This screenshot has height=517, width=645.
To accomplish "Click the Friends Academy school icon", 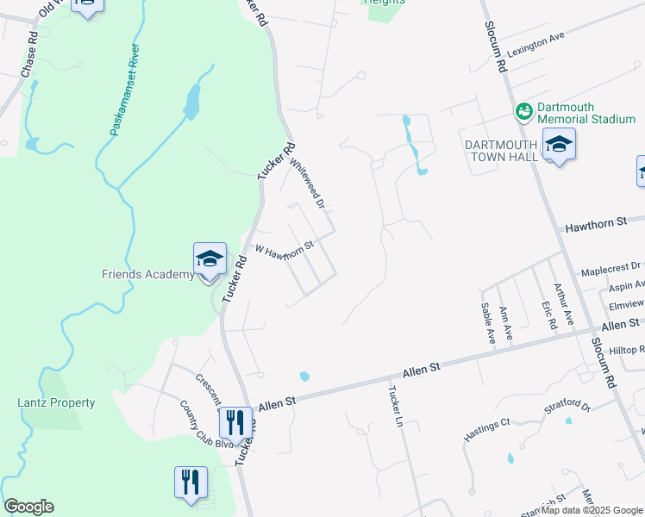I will tap(210, 259).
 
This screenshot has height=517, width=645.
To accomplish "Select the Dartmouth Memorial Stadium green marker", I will tap(523, 112).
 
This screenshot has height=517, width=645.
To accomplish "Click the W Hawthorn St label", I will tap(283, 250).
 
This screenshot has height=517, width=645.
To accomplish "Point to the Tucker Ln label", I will tap(396, 405).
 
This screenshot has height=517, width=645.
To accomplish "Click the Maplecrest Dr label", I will tap(611, 268).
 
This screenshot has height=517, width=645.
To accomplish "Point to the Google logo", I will tap(28, 507).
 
